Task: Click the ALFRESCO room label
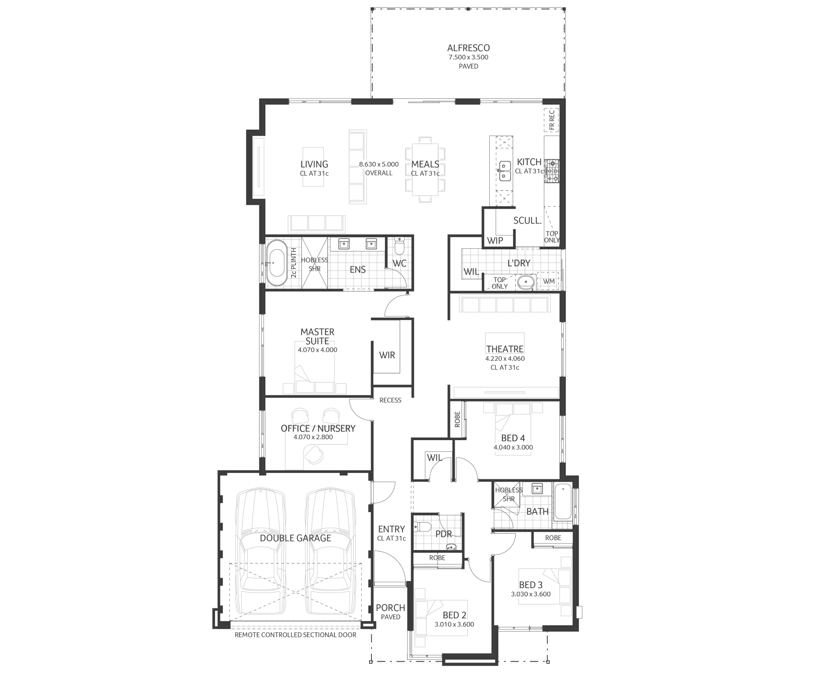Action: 468,48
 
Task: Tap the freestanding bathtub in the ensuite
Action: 276,263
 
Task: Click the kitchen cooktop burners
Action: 552,171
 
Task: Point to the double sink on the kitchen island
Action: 504,171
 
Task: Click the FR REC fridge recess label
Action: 552,120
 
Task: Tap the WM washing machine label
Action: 549,281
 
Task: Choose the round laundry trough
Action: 525,282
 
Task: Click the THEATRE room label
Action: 505,349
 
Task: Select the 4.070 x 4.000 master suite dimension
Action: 317,350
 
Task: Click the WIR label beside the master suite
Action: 387,355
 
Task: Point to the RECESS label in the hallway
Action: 390,400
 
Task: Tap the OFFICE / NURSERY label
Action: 318,428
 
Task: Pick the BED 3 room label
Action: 531,585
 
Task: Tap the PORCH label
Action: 390,608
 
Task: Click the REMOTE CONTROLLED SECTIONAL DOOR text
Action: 295,635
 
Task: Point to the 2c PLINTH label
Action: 294,262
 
